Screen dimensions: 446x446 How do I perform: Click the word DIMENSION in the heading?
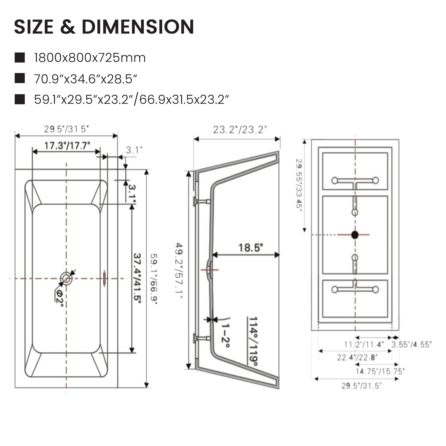(137, 27)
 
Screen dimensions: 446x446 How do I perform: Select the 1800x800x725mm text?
(90, 58)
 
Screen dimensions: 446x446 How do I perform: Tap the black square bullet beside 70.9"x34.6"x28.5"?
(20, 78)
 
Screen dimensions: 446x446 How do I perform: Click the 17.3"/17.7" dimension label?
(67, 146)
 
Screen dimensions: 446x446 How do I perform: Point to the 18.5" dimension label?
(251, 248)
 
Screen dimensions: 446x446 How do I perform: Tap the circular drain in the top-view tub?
(66, 278)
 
